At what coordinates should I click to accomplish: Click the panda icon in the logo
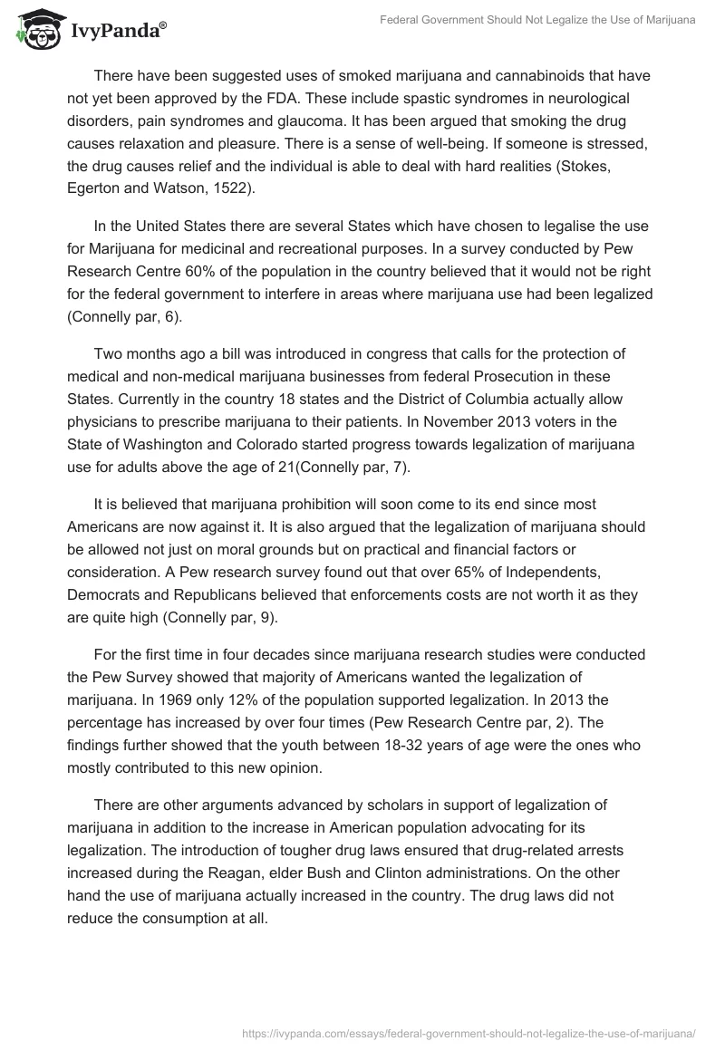(35, 30)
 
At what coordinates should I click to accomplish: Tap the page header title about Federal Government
(536, 19)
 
